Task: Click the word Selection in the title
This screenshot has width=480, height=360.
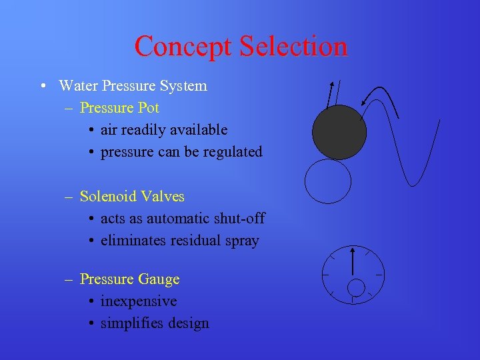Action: [x=293, y=46]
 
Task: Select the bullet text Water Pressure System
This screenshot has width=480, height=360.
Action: [x=133, y=86]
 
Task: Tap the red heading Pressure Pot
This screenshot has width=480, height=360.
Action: [x=119, y=107]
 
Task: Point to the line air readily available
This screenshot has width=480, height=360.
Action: [x=164, y=130]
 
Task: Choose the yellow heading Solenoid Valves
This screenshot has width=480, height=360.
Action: [x=132, y=197]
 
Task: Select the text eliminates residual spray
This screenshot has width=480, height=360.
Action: [x=179, y=241]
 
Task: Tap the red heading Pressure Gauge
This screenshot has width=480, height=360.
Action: [x=129, y=279]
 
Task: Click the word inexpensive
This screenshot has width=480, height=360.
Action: [x=139, y=301]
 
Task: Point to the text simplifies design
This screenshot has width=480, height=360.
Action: [x=155, y=323]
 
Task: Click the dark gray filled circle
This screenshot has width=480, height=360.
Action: [x=339, y=132]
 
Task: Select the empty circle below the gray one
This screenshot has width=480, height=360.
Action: [x=328, y=180]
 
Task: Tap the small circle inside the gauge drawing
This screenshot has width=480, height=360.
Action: [x=357, y=287]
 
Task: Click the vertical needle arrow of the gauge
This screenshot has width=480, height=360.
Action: [x=352, y=261]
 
